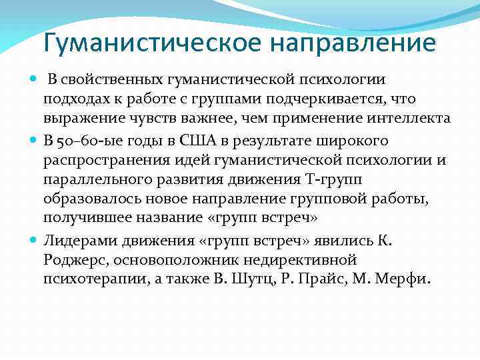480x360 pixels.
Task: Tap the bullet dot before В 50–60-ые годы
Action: click(x=34, y=141)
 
